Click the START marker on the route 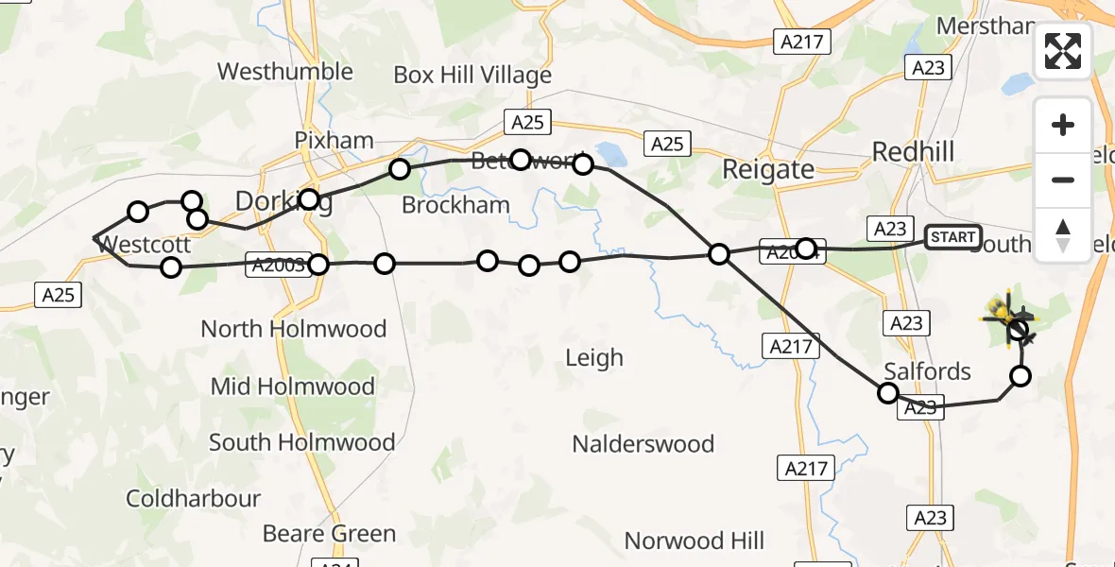pyautogui.click(x=952, y=236)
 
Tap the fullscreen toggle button pyautogui.click(x=1063, y=51)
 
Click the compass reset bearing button pyautogui.click(x=1063, y=235)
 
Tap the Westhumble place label pyautogui.click(x=284, y=72)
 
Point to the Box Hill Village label pyautogui.click(x=472, y=75)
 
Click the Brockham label pyautogui.click(x=455, y=205)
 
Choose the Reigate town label pyautogui.click(x=767, y=170)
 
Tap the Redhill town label pyautogui.click(x=913, y=151)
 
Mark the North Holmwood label pyautogui.click(x=294, y=329)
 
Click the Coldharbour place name pyautogui.click(x=193, y=499)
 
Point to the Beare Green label pyautogui.click(x=329, y=534)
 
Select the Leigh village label pyautogui.click(x=594, y=357)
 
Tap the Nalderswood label pyautogui.click(x=643, y=443)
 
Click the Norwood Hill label pyautogui.click(x=694, y=541)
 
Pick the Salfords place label pyautogui.click(x=927, y=371)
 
